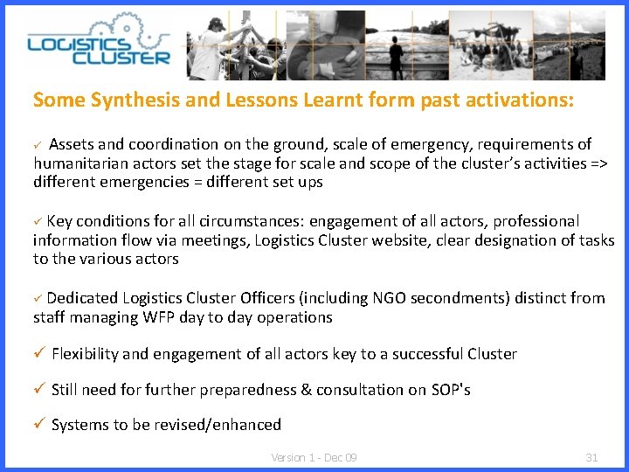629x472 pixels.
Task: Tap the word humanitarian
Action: coord(77,163)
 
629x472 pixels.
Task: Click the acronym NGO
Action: coord(365,298)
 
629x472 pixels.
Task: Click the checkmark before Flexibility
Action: coord(38,354)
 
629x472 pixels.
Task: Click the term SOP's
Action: coord(451,390)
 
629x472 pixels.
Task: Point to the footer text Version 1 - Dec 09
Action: coord(314,457)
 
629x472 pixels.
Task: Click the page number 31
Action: coord(591,457)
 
